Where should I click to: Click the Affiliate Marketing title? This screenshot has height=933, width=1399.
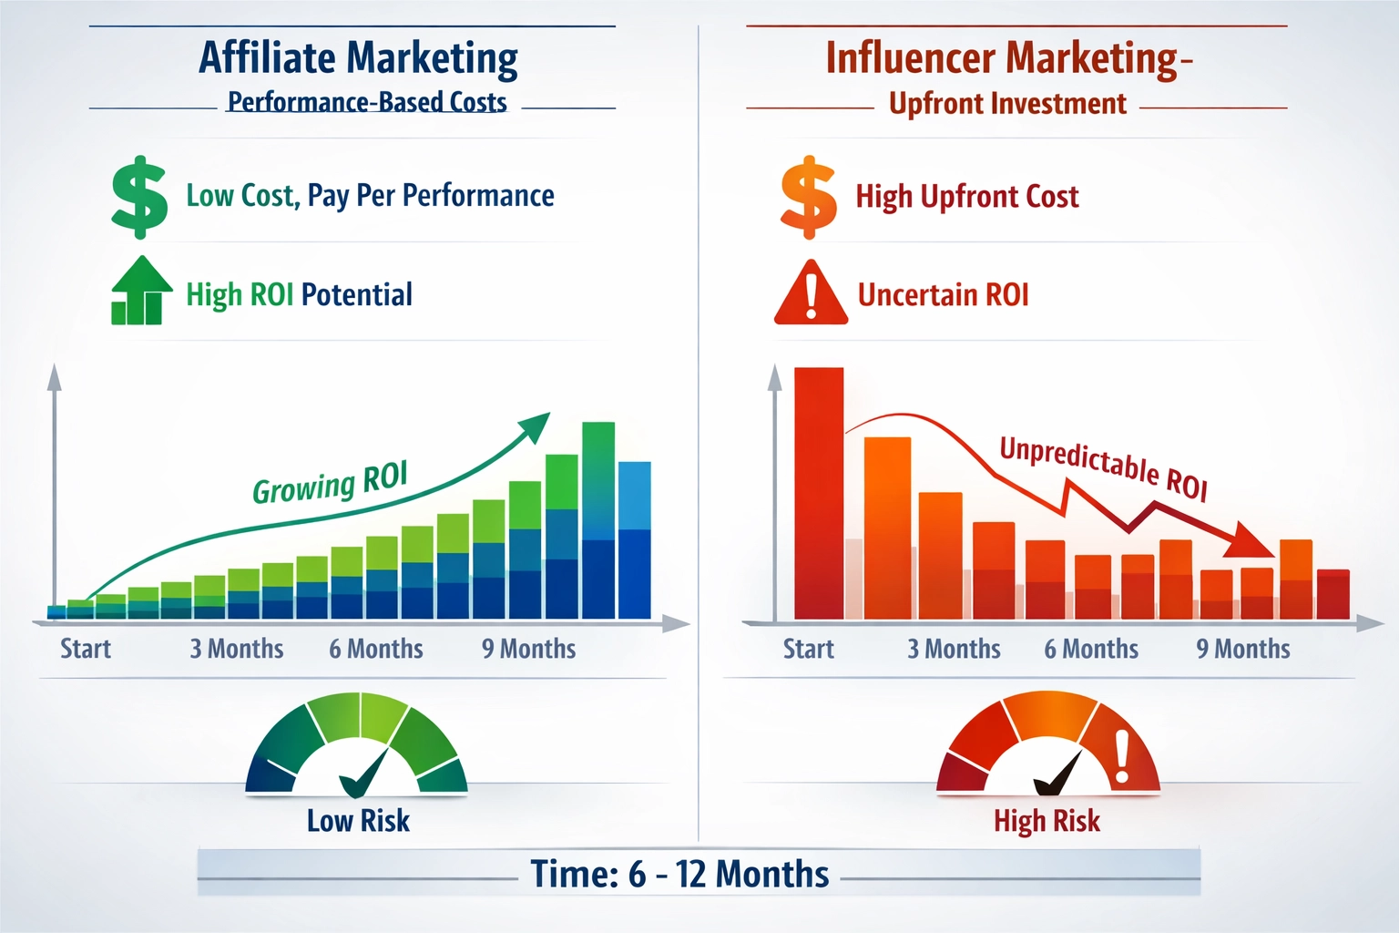click(358, 58)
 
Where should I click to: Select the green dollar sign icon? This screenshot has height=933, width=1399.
click(139, 197)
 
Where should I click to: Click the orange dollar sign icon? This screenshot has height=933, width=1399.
click(808, 197)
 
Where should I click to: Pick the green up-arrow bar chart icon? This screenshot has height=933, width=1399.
click(140, 292)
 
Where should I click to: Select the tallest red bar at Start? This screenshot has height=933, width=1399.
click(818, 492)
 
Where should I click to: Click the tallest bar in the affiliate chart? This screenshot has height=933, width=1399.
click(598, 519)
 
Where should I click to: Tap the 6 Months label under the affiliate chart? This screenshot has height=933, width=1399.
click(376, 649)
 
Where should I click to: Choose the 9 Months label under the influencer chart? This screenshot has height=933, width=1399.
click(1242, 649)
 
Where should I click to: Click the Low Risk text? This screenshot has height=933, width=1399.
click(358, 820)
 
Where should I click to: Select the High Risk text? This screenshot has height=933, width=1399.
click(1047, 820)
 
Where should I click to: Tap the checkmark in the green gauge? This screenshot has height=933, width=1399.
click(364, 774)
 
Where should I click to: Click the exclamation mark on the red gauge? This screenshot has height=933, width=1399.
click(1122, 756)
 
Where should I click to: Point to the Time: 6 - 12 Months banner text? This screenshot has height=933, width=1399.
click(679, 874)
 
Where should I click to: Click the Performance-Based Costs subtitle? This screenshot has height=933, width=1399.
click(367, 102)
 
